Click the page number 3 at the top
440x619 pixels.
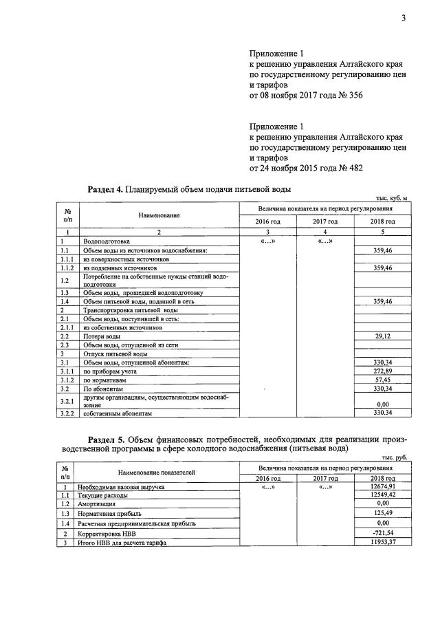(404, 18)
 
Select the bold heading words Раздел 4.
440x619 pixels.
(106, 188)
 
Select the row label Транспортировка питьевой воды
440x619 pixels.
(120, 310)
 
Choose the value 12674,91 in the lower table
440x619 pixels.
(379, 488)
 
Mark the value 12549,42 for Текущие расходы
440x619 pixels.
(379, 495)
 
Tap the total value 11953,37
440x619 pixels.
(379, 543)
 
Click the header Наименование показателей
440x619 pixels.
(156, 473)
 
